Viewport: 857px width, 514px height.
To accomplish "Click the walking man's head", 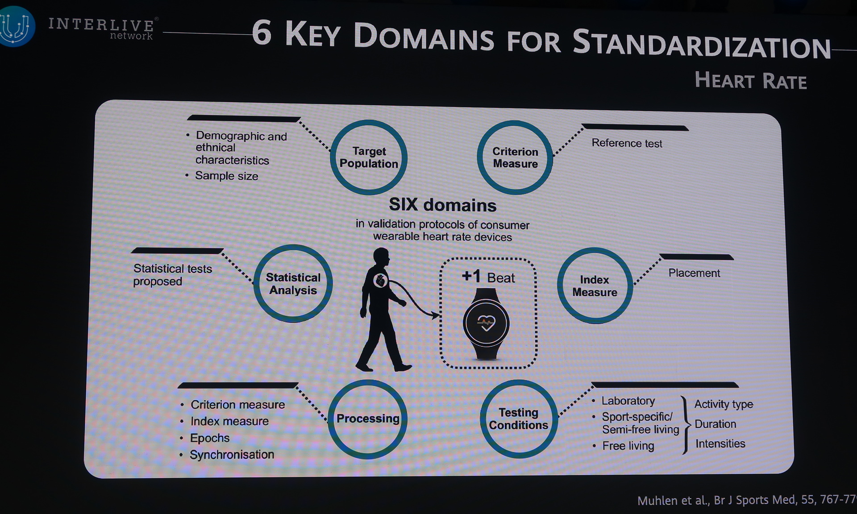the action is click(x=381, y=257).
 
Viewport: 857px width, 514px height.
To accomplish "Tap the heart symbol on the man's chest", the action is click(x=380, y=281).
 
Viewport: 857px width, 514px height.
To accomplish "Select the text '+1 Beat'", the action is click(x=488, y=277).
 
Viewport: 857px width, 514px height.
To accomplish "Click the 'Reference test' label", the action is click(x=627, y=143).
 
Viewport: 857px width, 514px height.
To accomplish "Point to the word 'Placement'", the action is click(x=694, y=273).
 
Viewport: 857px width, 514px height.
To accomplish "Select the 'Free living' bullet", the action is click(x=624, y=446).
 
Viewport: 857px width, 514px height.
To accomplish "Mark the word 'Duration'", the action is click(x=715, y=424).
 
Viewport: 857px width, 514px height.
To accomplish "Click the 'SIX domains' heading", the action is click(x=442, y=205).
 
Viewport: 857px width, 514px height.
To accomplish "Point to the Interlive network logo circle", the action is click(x=17, y=26).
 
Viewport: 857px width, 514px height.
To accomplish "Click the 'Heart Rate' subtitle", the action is click(x=751, y=81).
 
